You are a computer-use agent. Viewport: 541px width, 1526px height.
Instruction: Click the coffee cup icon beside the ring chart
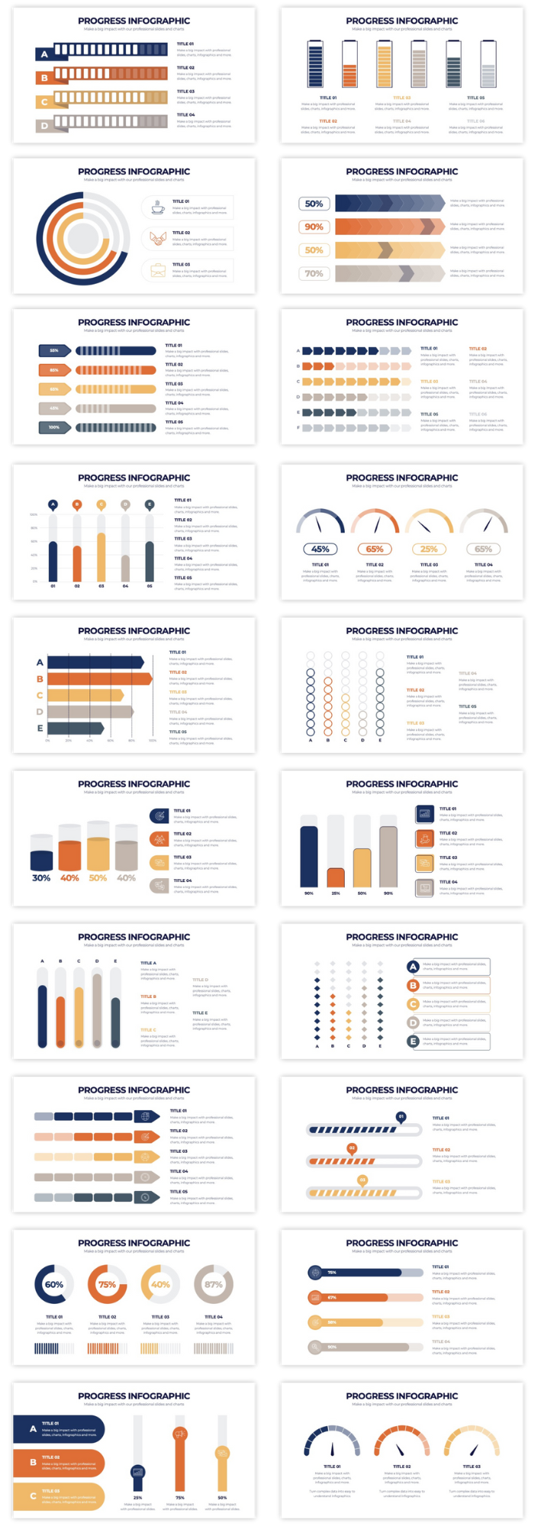[157, 208]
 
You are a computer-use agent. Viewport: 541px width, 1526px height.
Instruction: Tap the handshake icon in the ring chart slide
[157, 239]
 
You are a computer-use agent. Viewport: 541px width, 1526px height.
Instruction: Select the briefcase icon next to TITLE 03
[157, 270]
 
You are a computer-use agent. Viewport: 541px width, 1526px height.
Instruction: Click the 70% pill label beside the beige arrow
[314, 273]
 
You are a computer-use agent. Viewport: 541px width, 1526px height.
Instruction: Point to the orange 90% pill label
[314, 227]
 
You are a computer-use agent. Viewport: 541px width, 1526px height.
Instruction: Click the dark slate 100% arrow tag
[54, 427]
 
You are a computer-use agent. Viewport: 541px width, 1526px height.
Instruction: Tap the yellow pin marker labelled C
[101, 504]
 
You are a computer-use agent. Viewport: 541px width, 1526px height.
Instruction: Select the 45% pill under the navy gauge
[320, 549]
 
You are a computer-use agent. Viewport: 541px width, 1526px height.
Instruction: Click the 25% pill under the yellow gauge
[429, 549]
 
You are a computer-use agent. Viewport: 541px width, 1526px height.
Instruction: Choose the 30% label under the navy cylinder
[41, 878]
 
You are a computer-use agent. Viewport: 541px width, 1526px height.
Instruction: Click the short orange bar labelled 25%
[336, 877]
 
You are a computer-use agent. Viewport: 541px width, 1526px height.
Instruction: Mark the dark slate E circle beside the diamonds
[414, 1041]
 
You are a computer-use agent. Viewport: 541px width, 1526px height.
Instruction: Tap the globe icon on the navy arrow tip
[145, 1116]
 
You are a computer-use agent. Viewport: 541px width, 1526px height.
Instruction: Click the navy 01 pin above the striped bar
[401, 1117]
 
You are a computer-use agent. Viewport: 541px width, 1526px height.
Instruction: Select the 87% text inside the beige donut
[214, 1284]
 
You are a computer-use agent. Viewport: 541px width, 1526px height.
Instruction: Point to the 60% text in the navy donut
[54, 1284]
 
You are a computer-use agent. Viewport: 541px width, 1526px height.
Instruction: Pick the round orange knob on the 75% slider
[180, 1434]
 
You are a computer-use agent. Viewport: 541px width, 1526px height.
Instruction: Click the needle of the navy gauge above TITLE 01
[333, 1448]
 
